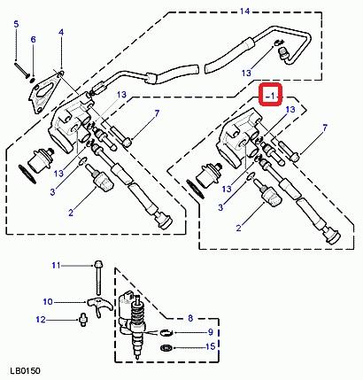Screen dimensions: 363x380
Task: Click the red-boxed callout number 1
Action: [x=272, y=96]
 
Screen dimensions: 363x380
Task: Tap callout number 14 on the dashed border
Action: [x=244, y=12]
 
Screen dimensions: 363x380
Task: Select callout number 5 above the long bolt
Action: [x=16, y=24]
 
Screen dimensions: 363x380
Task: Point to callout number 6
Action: [x=34, y=39]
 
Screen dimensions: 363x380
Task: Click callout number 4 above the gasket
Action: [x=61, y=32]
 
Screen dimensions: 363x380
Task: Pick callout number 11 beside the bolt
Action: [x=56, y=265]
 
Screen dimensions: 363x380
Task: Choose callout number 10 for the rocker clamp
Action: [x=48, y=302]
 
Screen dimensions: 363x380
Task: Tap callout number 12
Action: [x=41, y=320]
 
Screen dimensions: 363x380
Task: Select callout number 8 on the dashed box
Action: [x=190, y=318]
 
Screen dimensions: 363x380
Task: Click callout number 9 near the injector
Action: [x=211, y=332]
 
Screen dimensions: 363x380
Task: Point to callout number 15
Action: [x=211, y=346]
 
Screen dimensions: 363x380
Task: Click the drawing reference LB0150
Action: [x=25, y=371]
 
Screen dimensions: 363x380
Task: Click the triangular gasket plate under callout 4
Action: [x=47, y=92]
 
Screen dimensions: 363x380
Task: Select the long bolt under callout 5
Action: [x=21, y=68]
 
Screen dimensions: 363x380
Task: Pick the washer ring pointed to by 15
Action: [x=166, y=347]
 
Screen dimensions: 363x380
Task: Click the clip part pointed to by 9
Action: [x=166, y=333]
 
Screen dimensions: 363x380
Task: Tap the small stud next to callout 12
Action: [x=82, y=320]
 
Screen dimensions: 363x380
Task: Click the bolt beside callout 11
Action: [x=98, y=278]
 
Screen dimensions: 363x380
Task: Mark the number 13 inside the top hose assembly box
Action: [x=246, y=73]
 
